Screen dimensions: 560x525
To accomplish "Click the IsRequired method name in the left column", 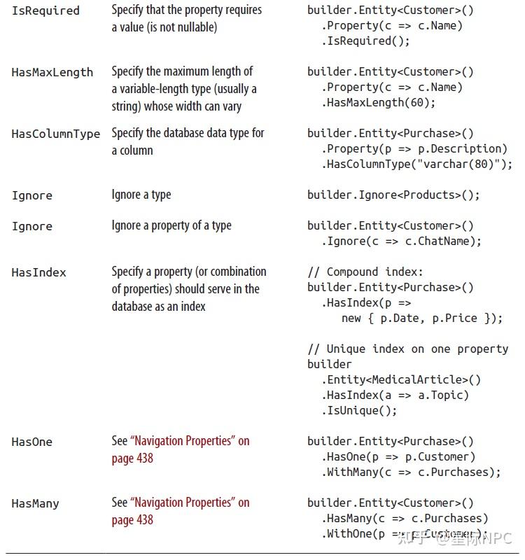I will (x=45, y=10).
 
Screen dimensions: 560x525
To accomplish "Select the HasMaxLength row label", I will (x=52, y=72).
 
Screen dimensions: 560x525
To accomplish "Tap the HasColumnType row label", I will (x=55, y=134).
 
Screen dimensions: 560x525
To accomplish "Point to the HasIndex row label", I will (x=38, y=272).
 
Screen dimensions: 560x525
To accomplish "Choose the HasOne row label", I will (x=31, y=442).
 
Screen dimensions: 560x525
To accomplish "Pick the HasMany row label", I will (x=35, y=503).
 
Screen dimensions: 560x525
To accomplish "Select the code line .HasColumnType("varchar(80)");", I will (x=417, y=164).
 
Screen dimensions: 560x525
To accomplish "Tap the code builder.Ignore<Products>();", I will (x=393, y=195).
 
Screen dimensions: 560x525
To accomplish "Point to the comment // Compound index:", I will (x=365, y=272).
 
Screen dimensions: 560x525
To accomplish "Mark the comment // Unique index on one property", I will (x=407, y=349).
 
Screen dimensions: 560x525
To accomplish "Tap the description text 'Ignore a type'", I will (x=141, y=195).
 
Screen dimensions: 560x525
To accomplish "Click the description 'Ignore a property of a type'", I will (x=171, y=225).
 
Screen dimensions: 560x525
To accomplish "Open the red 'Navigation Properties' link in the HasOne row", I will (x=190, y=441).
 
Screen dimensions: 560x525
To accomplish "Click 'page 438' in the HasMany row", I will (x=132, y=520).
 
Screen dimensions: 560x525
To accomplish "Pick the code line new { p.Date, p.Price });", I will (x=421, y=318).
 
